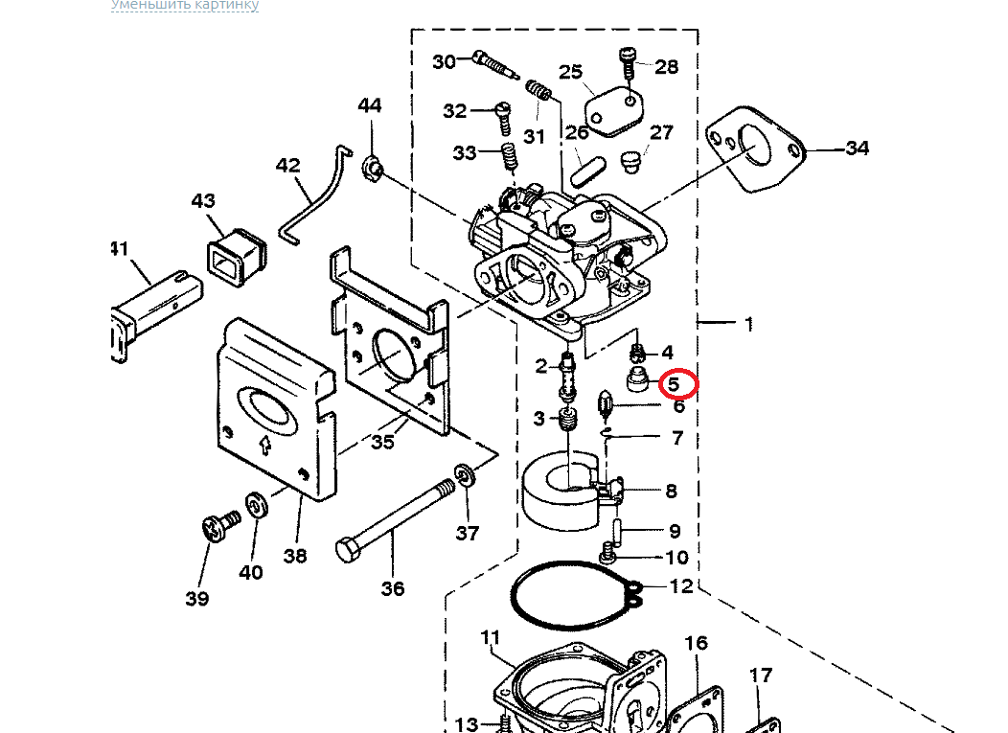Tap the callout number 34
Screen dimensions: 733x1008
click(857, 149)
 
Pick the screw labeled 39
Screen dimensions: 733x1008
click(220, 525)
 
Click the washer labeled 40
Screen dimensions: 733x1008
click(257, 504)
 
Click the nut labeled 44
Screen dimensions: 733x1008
click(372, 170)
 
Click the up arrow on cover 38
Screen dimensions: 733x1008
click(263, 445)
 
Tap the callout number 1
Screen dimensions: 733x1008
click(748, 325)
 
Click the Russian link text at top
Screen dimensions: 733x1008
click(185, 5)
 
